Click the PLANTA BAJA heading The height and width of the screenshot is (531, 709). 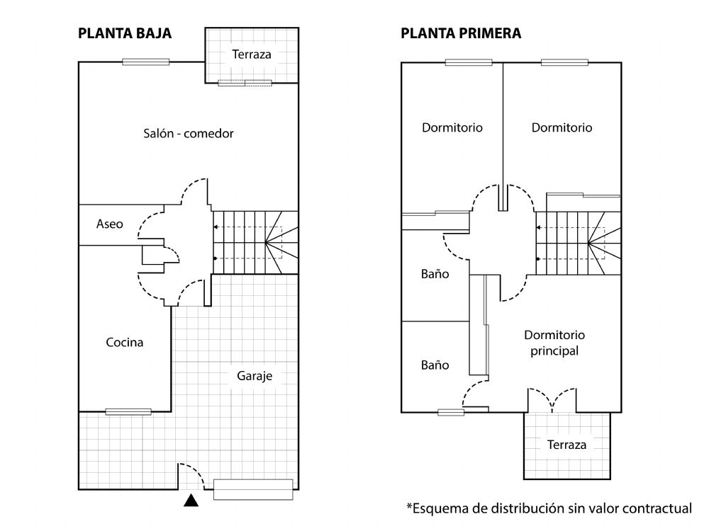pyautogui.click(x=125, y=33)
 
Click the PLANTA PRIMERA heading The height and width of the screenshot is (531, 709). pyautogui.click(x=461, y=33)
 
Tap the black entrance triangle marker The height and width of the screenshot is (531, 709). pyautogui.click(x=191, y=501)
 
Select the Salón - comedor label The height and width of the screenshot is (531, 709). pyautogui.click(x=189, y=133)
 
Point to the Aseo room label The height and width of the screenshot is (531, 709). pyautogui.click(x=109, y=224)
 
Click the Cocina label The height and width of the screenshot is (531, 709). pyautogui.click(x=124, y=342)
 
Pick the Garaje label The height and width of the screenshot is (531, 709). pyautogui.click(x=255, y=376)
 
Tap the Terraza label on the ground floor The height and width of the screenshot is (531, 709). pyautogui.click(x=252, y=55)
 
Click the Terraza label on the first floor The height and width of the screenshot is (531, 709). pyautogui.click(x=566, y=445)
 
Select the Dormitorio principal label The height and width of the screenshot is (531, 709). pyautogui.click(x=554, y=343)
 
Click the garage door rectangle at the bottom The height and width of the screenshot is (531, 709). pyautogui.click(x=253, y=489)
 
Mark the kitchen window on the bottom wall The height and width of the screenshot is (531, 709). pyautogui.click(x=128, y=412)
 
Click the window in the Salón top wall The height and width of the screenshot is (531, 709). pyautogui.click(x=145, y=62)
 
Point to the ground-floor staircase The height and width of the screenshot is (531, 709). pyautogui.click(x=255, y=242)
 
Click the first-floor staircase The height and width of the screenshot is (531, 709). pyautogui.click(x=579, y=243)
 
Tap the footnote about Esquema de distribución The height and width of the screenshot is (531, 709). pyautogui.click(x=549, y=508)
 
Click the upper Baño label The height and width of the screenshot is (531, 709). pyautogui.click(x=435, y=274)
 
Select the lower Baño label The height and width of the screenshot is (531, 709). pyautogui.click(x=435, y=365)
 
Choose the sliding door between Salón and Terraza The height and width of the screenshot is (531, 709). pyautogui.click(x=245, y=83)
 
